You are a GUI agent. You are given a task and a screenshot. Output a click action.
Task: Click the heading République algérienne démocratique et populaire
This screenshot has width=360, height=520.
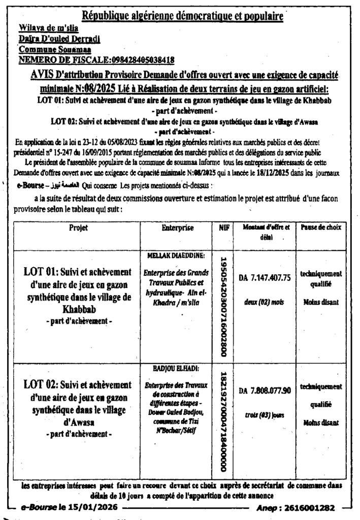(x=183, y=16)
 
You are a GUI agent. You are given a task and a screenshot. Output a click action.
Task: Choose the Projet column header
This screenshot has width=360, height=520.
(x=79, y=228)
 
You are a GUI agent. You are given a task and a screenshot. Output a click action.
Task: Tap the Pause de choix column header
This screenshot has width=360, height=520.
(x=320, y=227)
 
